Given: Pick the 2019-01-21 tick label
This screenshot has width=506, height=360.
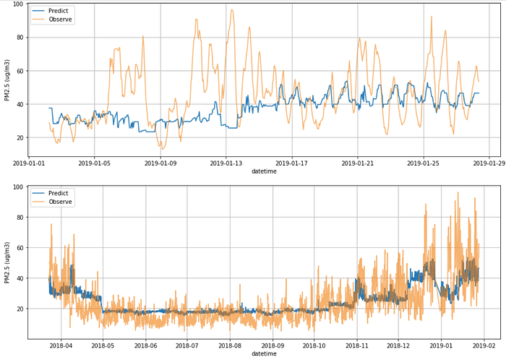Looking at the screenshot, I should coord(358,163).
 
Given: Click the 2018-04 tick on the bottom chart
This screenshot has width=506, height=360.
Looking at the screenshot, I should coord(61,346).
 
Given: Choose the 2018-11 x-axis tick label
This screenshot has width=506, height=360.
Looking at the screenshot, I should coord(357,346).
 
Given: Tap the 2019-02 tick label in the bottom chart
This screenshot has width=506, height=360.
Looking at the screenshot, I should coord(484,346).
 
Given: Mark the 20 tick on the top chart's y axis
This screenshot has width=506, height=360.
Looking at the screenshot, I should coord(20,137).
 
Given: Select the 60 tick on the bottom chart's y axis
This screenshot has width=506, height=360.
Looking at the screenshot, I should coord(20,247).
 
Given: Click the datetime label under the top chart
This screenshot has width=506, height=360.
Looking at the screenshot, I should coord(264,172).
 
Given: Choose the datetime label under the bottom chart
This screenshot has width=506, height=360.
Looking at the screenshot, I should coord(264,354).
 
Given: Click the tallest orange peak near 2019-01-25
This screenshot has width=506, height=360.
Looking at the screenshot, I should coord(432,17).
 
